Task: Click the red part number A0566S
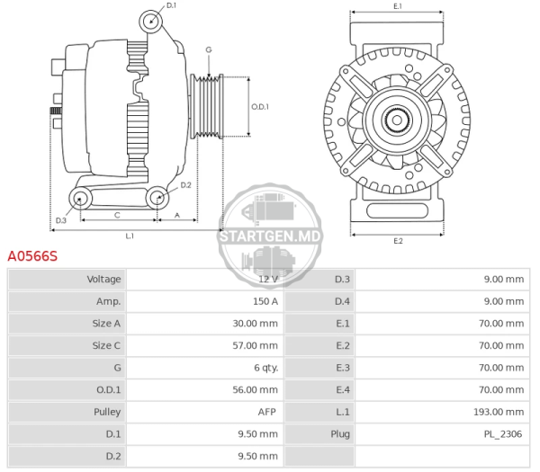(32, 256)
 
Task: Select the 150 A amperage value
(265, 301)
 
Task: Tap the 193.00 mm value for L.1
(499, 412)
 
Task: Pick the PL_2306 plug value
(503, 434)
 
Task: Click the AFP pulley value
(267, 412)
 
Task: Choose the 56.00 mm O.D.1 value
(256, 390)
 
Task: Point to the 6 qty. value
(265, 368)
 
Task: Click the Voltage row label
(103, 279)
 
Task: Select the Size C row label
(106, 345)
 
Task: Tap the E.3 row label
(343, 368)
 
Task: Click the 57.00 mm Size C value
(256, 345)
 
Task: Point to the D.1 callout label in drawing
(171, 5)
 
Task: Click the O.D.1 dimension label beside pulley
(260, 107)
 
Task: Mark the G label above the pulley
(209, 49)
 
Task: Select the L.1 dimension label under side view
(130, 236)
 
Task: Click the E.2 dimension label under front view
(398, 241)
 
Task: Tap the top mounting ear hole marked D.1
(151, 22)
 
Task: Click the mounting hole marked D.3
(80, 199)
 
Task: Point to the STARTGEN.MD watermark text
(270, 236)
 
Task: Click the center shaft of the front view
(397, 120)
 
